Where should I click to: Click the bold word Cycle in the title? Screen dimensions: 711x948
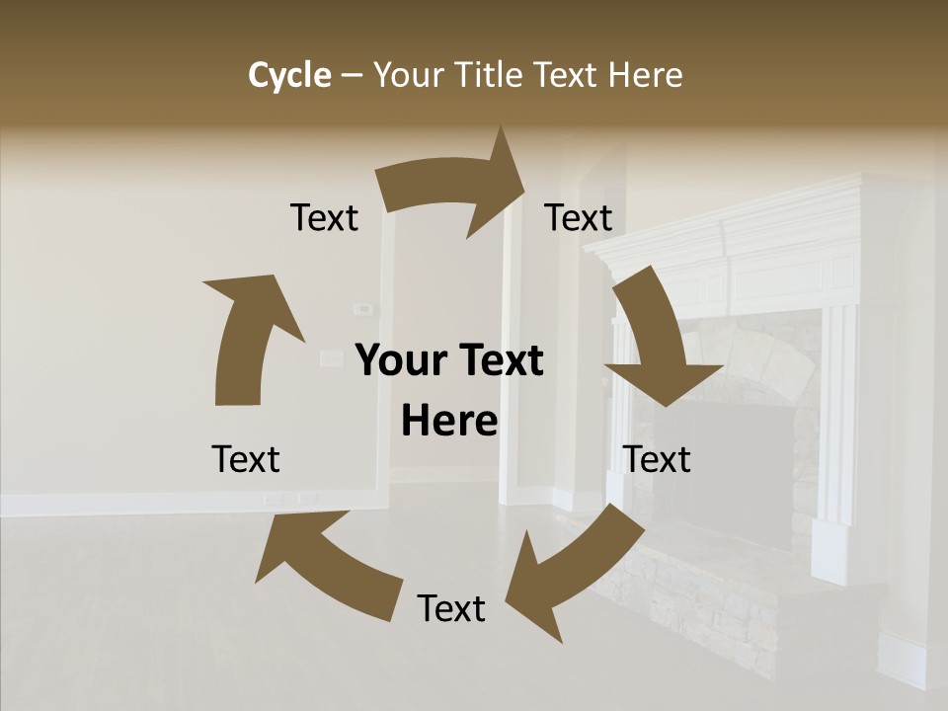pyautogui.click(x=289, y=75)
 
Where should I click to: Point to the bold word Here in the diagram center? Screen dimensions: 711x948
pyautogui.click(x=449, y=422)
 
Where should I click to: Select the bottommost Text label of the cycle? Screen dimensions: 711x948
pyautogui.click(x=451, y=608)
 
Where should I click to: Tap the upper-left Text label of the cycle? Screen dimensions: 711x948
pyautogui.click(x=324, y=217)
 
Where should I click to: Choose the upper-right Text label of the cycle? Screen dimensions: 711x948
pyautogui.click(x=579, y=217)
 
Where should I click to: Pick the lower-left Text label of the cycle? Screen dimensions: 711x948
pyautogui.click(x=246, y=459)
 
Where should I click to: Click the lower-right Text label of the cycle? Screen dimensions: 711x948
pyautogui.click(x=657, y=459)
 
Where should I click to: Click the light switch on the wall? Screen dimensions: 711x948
pyautogui.click(x=363, y=309)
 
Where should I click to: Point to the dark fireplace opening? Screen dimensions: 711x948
pyautogui.click(x=741, y=464)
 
